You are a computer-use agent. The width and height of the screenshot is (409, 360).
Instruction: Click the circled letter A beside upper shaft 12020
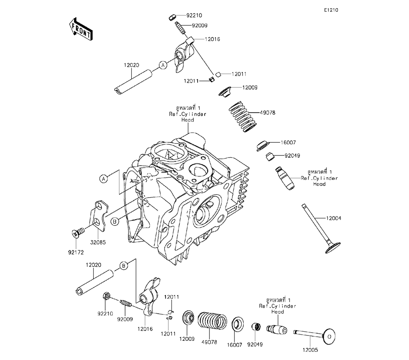pyautogui.click(x=163, y=65)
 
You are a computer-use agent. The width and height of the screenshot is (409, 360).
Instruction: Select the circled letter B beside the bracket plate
pyautogui.click(x=115, y=221)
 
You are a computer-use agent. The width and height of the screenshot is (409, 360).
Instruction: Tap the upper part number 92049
pyautogui.click(x=281, y=155)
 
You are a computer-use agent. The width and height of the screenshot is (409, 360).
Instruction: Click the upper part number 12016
pyautogui.click(x=212, y=39)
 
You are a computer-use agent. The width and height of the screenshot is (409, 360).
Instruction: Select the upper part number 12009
pyautogui.click(x=249, y=88)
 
